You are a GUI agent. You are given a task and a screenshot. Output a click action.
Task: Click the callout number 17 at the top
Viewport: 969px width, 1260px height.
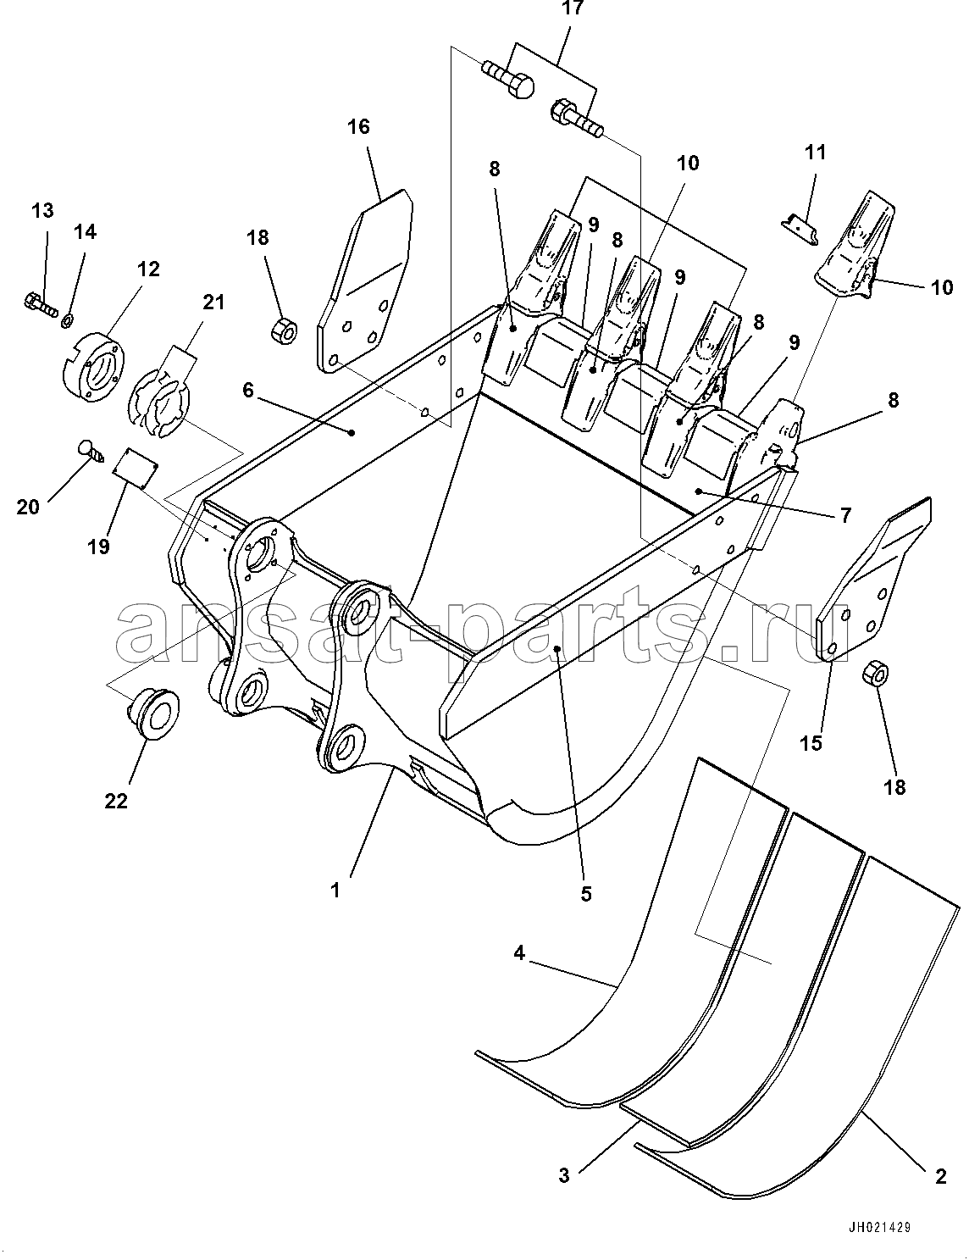click(572, 8)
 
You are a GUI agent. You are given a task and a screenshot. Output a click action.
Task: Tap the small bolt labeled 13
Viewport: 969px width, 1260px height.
click(41, 304)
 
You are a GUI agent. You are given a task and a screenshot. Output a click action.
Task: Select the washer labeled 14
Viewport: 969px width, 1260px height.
click(67, 320)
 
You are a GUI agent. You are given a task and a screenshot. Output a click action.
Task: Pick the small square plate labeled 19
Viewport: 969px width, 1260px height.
click(136, 463)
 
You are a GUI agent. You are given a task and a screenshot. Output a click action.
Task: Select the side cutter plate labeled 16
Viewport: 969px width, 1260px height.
click(365, 282)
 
